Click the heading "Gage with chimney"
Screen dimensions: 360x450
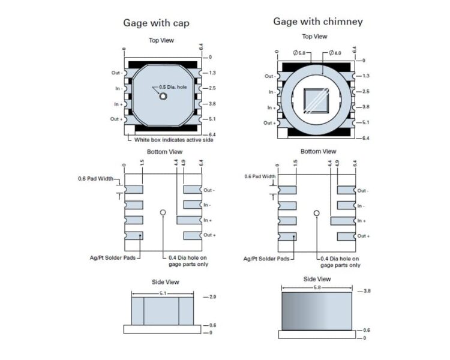(318, 22)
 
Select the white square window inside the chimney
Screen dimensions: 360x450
(316, 100)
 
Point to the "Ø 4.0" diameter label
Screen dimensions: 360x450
(334, 53)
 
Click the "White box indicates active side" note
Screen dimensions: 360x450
(173, 140)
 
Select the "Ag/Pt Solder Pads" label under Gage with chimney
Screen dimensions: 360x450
(266, 259)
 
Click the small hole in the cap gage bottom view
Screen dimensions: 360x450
(163, 212)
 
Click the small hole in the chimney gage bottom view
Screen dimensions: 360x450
(317, 213)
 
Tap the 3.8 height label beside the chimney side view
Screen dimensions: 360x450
(367, 291)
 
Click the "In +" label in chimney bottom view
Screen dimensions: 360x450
(362, 221)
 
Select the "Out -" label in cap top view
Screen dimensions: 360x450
(116, 73)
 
